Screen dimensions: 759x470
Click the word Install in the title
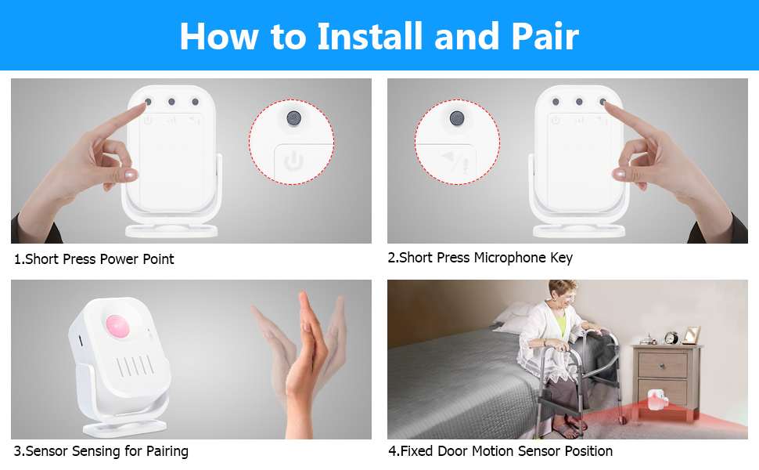(x=369, y=36)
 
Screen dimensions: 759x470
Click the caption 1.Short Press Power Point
(x=94, y=259)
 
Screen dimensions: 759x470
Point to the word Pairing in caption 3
(x=167, y=451)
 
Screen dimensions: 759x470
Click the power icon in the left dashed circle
(x=293, y=161)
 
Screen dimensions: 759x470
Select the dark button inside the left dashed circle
(x=293, y=117)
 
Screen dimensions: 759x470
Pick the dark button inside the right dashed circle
(x=456, y=117)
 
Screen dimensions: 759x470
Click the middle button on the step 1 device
(x=171, y=102)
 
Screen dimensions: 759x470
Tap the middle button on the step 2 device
(x=579, y=102)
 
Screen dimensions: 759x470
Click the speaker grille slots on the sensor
(x=135, y=367)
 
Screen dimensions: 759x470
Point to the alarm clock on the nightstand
(x=671, y=338)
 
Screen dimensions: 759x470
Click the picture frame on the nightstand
(x=691, y=335)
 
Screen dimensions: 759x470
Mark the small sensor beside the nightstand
(x=658, y=400)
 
